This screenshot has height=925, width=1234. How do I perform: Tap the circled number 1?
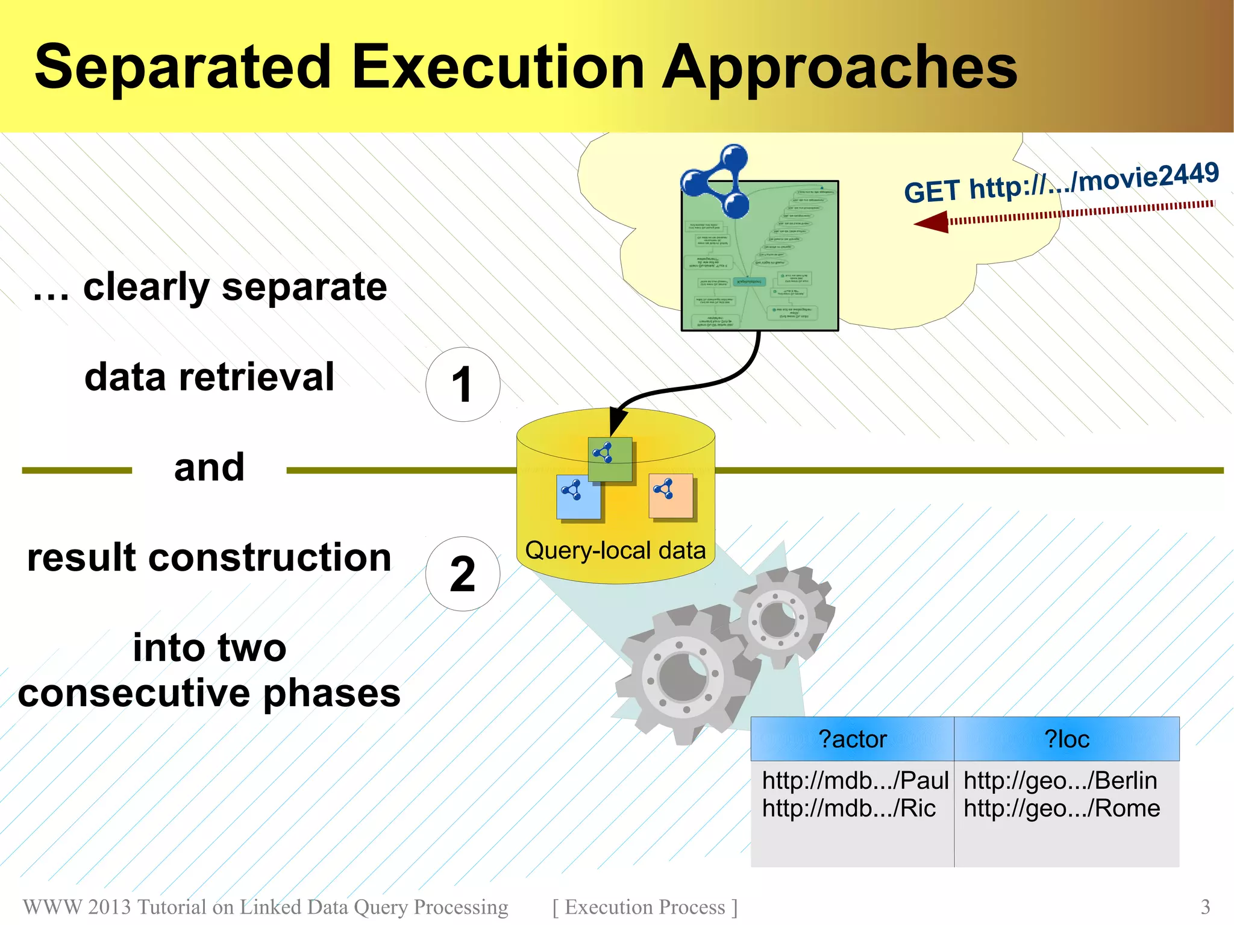462,384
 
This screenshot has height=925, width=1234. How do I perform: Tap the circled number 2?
462,574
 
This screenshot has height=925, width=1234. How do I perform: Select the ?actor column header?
852,739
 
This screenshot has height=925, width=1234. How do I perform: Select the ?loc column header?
1066,739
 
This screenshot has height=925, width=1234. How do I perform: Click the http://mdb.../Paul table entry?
854,781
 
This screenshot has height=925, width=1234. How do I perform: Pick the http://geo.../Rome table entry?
1061,809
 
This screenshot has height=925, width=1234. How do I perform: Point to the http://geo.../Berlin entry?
1060,781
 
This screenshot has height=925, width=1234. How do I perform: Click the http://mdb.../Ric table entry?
848,809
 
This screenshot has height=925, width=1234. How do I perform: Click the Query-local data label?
615,551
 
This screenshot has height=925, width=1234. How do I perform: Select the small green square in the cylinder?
610,459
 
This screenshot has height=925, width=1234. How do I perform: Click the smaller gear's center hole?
778,619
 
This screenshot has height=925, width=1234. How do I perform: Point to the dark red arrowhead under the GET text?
932,222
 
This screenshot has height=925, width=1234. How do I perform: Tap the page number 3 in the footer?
1205,907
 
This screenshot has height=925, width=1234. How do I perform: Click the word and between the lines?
209,468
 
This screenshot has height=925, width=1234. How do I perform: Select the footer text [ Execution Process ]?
645,907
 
